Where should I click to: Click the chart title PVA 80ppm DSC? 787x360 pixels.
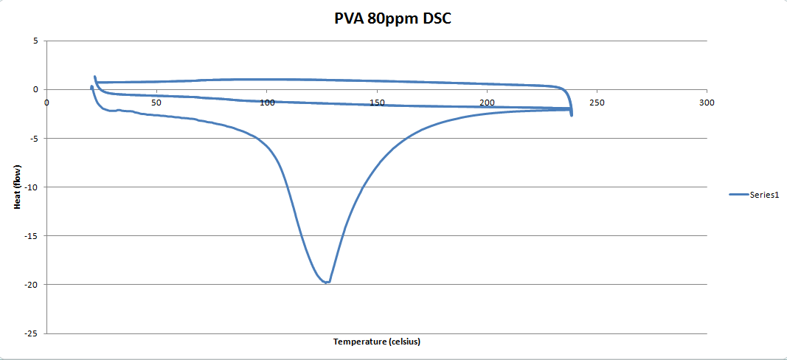point(392,18)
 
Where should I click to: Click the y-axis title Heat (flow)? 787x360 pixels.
point(18,187)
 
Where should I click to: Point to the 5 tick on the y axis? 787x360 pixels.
point(35,41)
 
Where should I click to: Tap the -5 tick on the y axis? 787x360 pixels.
point(33,139)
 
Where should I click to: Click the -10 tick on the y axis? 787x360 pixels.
point(31,187)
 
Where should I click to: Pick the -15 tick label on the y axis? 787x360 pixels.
point(31,236)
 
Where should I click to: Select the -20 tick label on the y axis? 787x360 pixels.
point(31,285)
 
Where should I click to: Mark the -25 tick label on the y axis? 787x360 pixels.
point(31,333)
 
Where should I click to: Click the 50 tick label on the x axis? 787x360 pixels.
point(156,102)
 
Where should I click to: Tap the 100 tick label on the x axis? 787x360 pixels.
point(266,102)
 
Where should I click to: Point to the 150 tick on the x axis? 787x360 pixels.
point(376,102)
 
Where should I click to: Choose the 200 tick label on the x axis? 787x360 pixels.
point(487,102)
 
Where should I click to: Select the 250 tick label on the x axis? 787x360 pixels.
point(597,102)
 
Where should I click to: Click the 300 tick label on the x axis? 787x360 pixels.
point(707,102)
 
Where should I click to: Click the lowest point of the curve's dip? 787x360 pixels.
point(325,283)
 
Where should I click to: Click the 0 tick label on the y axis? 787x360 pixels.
point(35,90)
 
